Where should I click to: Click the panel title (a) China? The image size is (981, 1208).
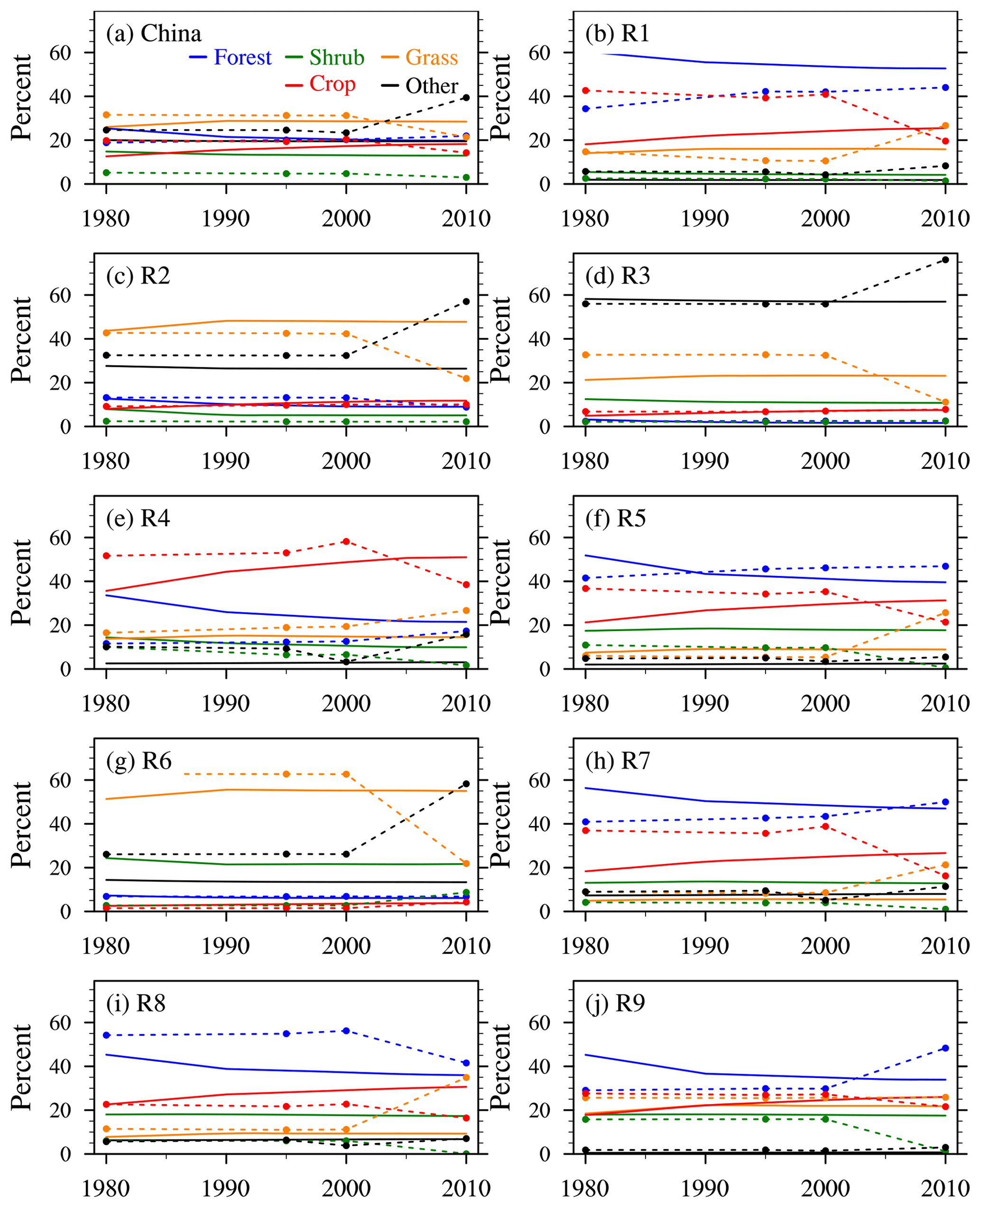click(x=154, y=34)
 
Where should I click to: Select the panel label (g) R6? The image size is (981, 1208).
click(x=139, y=761)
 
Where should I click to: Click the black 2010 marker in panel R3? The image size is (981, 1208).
click(x=945, y=260)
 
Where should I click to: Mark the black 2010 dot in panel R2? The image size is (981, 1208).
click(x=466, y=301)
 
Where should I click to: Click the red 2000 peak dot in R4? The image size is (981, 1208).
click(x=346, y=541)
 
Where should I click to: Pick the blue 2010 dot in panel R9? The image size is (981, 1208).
click(x=945, y=1048)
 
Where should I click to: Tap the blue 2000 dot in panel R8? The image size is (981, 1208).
click(x=346, y=1031)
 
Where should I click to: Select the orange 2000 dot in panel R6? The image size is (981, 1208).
click(x=346, y=774)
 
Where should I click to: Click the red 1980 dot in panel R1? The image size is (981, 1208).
click(x=586, y=91)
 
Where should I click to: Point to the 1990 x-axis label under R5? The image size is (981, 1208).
click(x=705, y=704)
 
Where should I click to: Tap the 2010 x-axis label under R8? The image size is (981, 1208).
click(x=466, y=1188)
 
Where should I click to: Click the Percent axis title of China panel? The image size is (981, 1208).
click(x=21, y=97)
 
